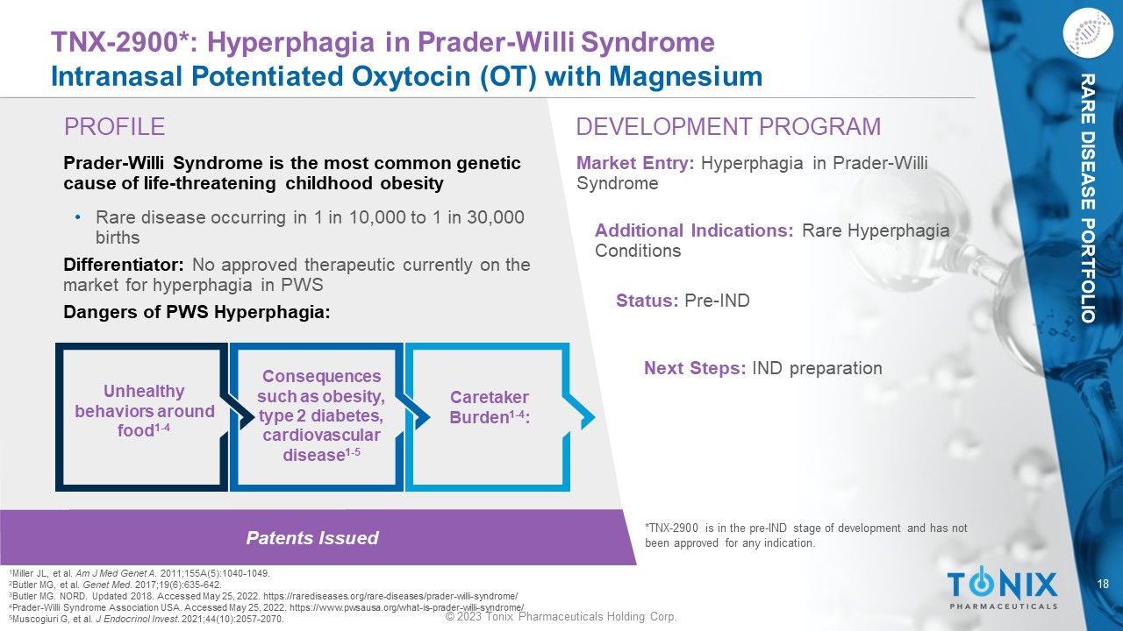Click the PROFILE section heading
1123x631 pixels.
tap(114, 127)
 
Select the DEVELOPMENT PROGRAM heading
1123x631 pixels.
tap(728, 127)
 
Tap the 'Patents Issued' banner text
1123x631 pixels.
tap(312, 538)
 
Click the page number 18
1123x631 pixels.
tap(1103, 584)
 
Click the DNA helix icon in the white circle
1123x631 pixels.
tap(1087, 33)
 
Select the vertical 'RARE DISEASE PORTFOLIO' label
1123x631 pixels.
tap(1087, 198)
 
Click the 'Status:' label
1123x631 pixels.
tap(647, 301)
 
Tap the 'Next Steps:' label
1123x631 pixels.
tap(695, 368)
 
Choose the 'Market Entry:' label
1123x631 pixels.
tap(635, 163)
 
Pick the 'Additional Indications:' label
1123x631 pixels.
tap(694, 230)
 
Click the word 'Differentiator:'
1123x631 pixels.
tap(124, 265)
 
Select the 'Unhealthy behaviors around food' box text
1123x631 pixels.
tap(145, 411)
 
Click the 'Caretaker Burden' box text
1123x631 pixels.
tap(490, 408)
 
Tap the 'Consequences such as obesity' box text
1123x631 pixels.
tap(321, 415)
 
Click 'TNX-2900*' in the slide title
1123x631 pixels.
tap(120, 42)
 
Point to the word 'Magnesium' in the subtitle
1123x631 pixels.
tap(685, 76)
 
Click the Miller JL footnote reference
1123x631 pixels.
tap(139, 573)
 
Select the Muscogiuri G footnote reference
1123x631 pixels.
tap(147, 619)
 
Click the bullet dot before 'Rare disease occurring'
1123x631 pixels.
tap(78, 217)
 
